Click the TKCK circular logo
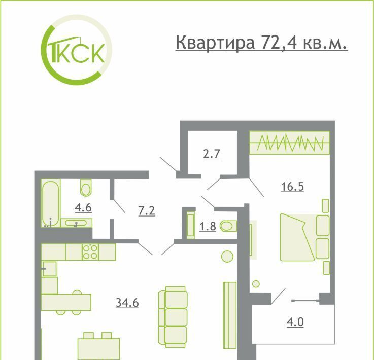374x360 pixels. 77,50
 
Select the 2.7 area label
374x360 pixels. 212,154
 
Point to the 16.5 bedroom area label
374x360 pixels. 292,186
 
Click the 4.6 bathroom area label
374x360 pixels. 83,208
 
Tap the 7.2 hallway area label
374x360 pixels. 147,211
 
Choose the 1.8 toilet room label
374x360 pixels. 208,226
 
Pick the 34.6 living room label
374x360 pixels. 127,303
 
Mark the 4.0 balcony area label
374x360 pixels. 295,322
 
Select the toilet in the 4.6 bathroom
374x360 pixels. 86,188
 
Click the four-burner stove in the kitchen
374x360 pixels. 90,252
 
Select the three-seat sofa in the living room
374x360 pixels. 173,317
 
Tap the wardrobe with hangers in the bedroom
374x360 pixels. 290,142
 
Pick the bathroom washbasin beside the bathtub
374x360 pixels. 76,223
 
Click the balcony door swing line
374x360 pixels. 278,297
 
